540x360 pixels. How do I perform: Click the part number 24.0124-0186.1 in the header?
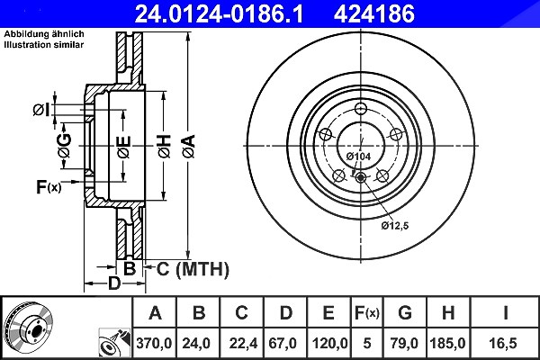219,13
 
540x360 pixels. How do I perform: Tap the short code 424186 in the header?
374,13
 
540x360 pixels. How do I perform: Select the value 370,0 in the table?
154,343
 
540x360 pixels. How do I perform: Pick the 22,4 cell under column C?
243,343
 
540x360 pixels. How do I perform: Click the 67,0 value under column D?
283,343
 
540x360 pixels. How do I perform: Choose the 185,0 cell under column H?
447,343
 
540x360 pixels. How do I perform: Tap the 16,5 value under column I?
503,343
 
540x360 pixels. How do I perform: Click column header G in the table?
405,313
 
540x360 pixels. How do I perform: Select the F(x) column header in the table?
367,313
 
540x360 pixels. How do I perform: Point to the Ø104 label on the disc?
358,157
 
